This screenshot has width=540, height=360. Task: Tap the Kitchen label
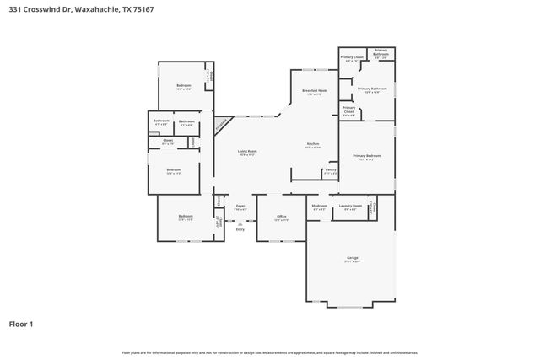point(311,144)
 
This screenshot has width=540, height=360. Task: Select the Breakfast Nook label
point(314,90)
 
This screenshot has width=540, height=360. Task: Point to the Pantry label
point(330,170)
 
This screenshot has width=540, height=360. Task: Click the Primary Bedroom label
point(367,156)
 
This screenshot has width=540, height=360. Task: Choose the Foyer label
point(240,206)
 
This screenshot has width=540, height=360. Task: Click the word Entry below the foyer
point(240,229)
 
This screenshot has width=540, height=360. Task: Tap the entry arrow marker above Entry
point(240,223)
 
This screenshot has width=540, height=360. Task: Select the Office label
point(282,217)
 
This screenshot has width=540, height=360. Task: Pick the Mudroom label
point(319,206)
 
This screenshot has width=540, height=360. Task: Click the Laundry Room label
point(350,206)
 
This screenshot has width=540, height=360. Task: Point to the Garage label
point(352,258)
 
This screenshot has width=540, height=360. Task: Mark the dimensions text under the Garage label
point(352,262)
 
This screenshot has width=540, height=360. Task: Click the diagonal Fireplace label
point(221,124)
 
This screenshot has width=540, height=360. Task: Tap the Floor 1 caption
point(23,324)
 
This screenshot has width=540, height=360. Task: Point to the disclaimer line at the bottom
point(269,352)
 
